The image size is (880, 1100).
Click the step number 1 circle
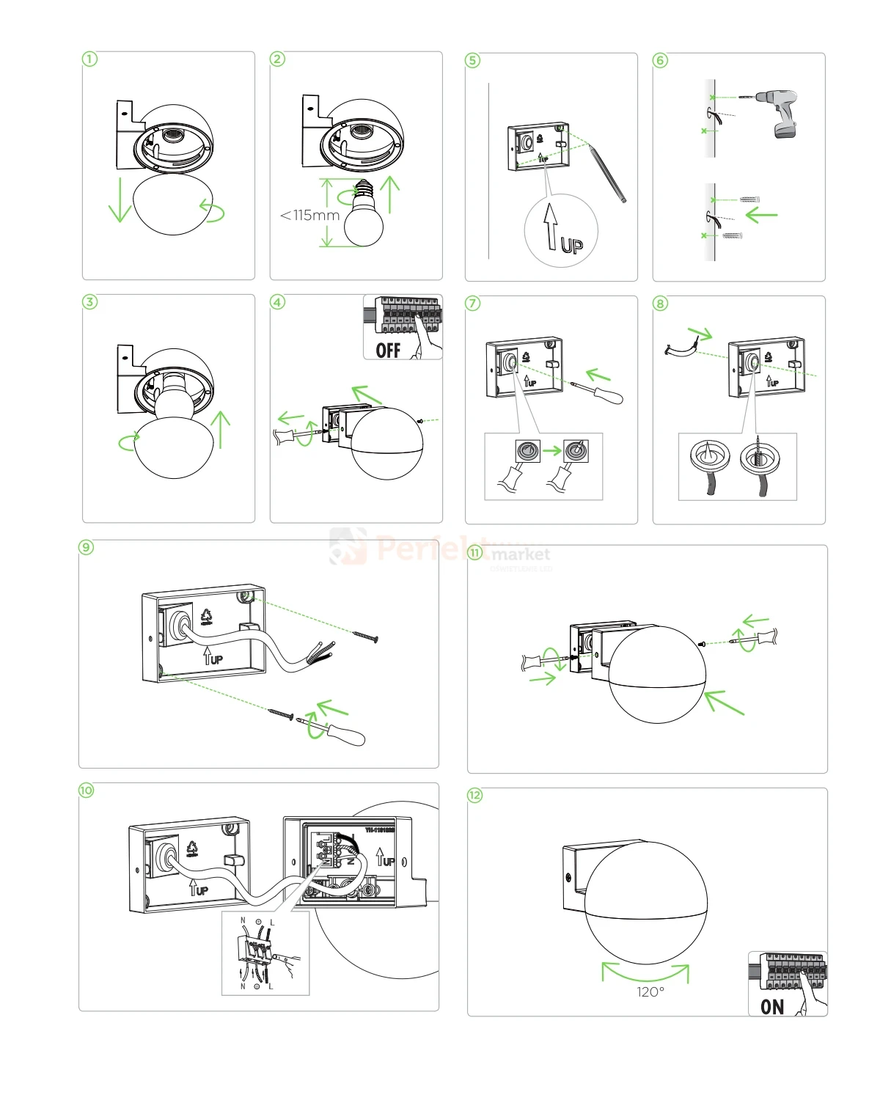pos(89,59)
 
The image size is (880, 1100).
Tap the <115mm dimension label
pos(309,215)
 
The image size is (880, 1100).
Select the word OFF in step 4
pos(388,350)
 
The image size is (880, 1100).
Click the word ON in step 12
pos(772,1006)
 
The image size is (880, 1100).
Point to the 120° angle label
pos(650,991)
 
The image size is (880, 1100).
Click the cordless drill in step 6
pos(779,111)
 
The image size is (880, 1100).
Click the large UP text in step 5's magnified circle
pos(571,245)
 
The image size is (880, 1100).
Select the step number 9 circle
pos(87,547)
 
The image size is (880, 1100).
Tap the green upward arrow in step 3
pos(220,429)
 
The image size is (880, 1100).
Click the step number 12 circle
pos(475,795)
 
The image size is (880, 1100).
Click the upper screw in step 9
pos(364,636)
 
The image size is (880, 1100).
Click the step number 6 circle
pos(660,60)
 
